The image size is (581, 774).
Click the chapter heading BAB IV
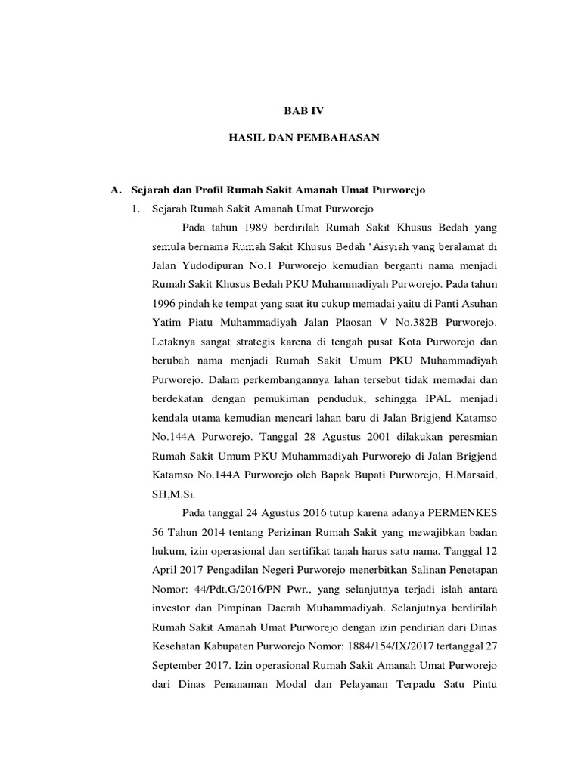tap(303, 110)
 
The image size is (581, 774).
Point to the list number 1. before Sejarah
tap(137, 209)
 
